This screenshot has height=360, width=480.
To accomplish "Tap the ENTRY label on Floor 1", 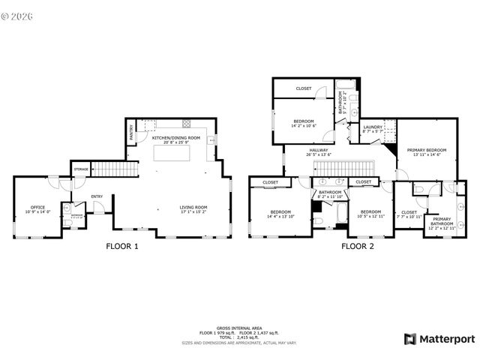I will (x=97, y=196).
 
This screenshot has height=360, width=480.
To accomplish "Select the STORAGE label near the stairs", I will (x=80, y=169).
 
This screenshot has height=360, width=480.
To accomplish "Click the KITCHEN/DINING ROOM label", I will (x=176, y=138).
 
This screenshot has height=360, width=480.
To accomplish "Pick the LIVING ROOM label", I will (x=193, y=207).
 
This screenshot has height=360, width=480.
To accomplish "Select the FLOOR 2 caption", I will (x=358, y=245).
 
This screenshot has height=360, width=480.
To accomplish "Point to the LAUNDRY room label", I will (x=373, y=127).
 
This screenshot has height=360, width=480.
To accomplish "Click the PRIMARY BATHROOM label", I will (x=442, y=221).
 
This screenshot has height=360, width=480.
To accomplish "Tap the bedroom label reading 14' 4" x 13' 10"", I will (x=281, y=212).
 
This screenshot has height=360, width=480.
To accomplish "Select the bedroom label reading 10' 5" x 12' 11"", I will (x=371, y=212).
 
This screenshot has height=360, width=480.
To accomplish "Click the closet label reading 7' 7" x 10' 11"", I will (x=409, y=212).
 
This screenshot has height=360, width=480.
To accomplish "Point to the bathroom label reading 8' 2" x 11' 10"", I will (x=330, y=193).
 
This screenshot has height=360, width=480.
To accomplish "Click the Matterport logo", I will (x=439, y=338).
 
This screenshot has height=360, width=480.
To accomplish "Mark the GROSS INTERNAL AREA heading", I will (x=239, y=328).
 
